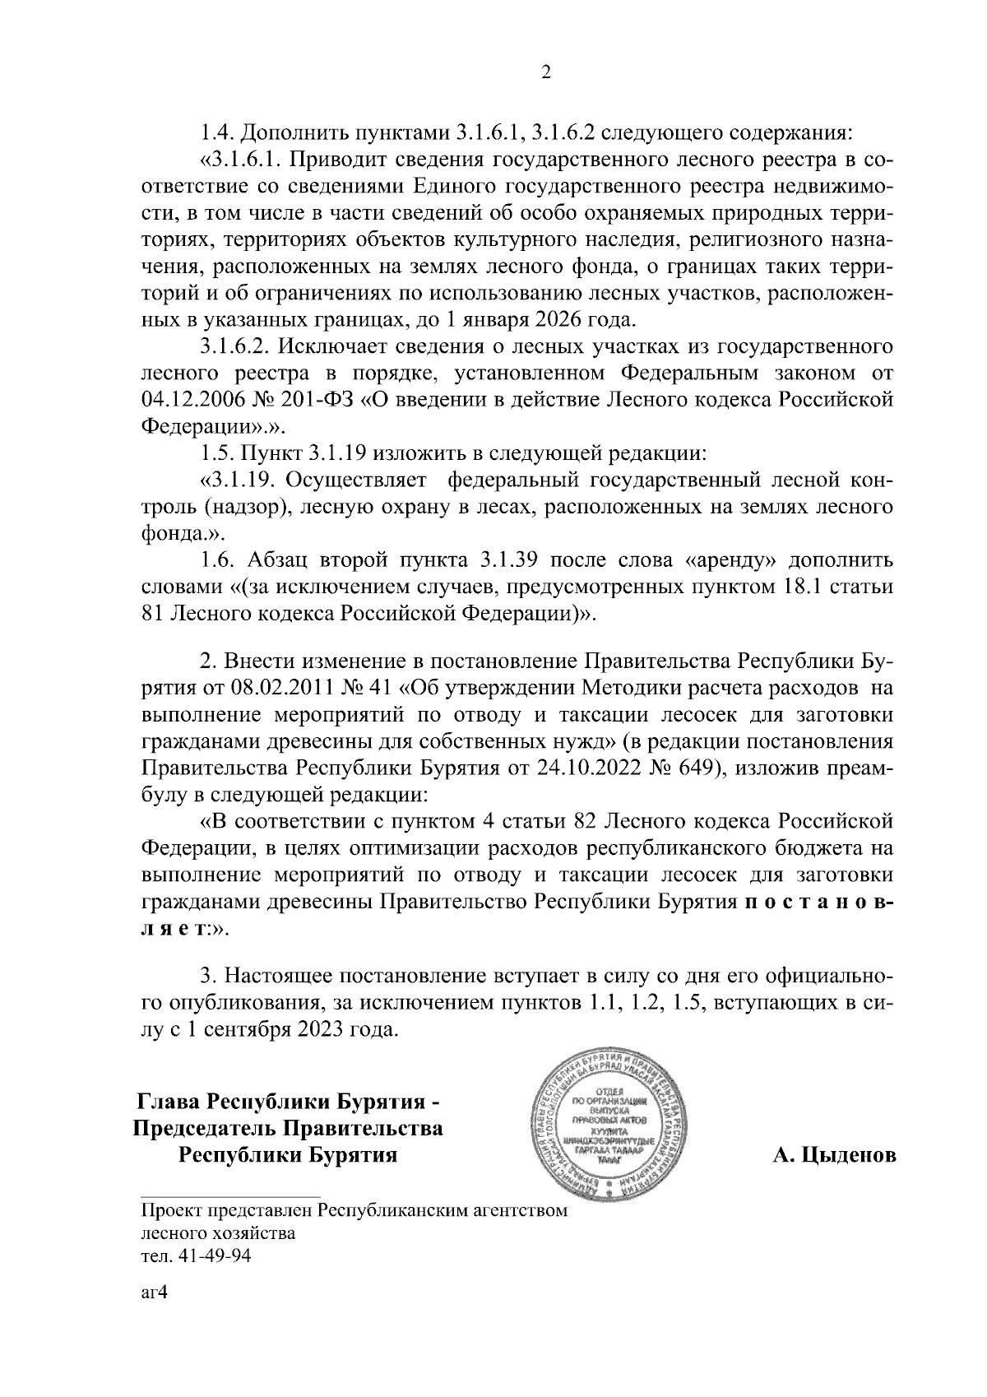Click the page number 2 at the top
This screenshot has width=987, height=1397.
[544, 73]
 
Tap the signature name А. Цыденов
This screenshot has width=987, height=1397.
[834, 1156]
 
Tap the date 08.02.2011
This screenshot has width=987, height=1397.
[299, 688]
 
